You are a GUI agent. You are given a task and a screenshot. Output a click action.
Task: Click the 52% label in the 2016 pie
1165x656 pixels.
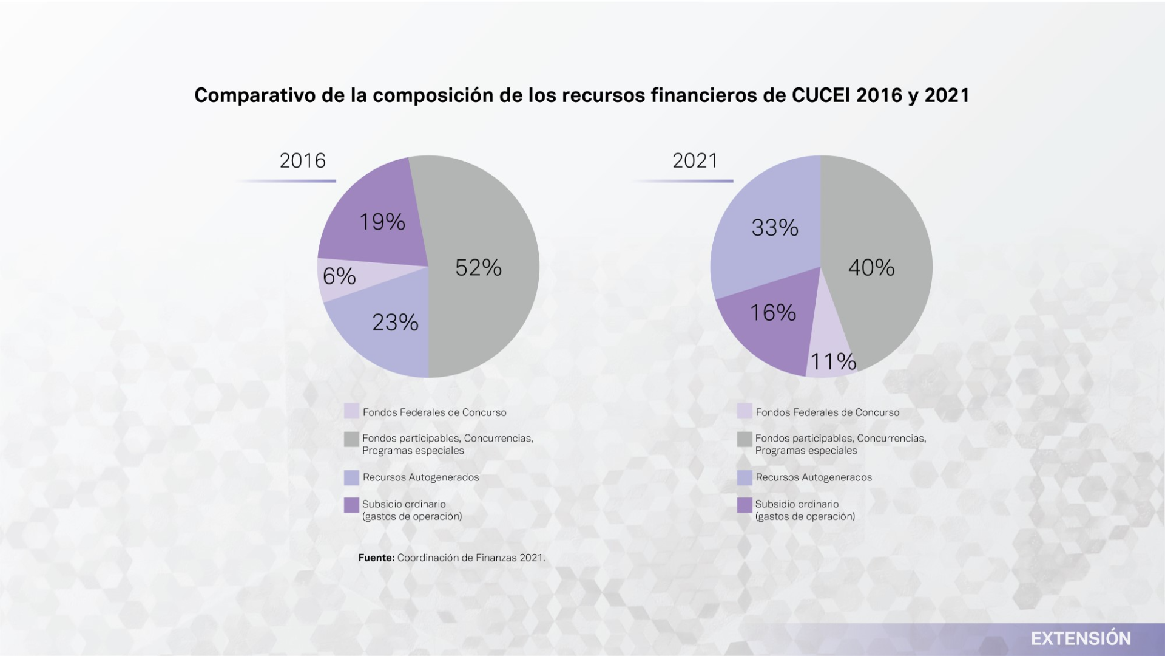(x=478, y=268)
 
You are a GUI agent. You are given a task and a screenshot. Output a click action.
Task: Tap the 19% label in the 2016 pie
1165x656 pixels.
(x=382, y=222)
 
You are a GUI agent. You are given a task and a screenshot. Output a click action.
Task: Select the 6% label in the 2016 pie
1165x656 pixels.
(x=339, y=277)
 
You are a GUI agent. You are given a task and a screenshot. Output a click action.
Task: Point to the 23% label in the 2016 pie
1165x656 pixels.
(x=395, y=323)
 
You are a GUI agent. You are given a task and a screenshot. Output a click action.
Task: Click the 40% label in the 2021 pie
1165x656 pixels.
(x=871, y=268)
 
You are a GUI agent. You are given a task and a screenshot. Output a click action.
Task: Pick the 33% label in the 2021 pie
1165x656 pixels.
(x=775, y=228)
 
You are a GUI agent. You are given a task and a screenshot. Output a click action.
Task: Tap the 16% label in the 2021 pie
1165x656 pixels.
(x=773, y=313)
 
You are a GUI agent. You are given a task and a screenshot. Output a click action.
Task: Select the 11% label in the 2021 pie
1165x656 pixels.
(x=833, y=362)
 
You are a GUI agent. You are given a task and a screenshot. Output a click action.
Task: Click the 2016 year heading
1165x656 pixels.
(x=303, y=161)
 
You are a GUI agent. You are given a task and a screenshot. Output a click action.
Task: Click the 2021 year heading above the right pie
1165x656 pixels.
(x=695, y=161)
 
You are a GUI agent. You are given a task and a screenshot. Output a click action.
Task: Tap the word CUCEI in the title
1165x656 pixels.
(x=821, y=95)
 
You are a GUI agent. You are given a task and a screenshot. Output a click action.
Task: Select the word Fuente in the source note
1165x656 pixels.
(x=376, y=558)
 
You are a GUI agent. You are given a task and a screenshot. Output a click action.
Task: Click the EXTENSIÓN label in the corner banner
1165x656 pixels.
(x=1081, y=638)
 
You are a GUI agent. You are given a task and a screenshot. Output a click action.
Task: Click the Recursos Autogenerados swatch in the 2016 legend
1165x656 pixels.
(x=351, y=477)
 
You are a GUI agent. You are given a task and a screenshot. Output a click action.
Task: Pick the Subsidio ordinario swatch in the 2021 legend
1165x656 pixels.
(x=745, y=505)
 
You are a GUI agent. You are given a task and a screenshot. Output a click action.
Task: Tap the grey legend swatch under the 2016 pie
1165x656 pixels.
(x=351, y=439)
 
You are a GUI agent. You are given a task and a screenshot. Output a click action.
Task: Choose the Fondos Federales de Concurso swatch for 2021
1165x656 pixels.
(x=745, y=411)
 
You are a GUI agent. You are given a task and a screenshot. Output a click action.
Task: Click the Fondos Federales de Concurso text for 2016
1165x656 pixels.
(x=434, y=412)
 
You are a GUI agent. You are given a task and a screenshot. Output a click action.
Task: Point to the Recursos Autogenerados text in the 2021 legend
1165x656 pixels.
(x=814, y=477)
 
